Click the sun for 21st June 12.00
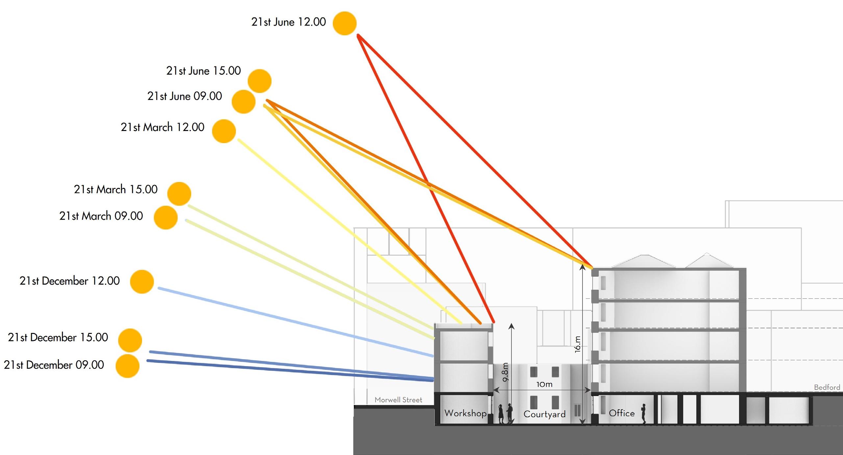(x=344, y=23)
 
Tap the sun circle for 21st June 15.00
(x=260, y=81)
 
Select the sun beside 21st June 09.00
(x=243, y=102)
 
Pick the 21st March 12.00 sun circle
(x=224, y=131)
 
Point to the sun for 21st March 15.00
(x=179, y=194)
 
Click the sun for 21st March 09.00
(x=166, y=217)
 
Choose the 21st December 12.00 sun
(x=142, y=282)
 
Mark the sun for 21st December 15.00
(x=130, y=340)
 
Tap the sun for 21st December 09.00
(x=128, y=366)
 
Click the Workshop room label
(x=465, y=413)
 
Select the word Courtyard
(x=544, y=414)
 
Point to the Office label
(x=622, y=413)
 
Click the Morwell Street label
(x=398, y=400)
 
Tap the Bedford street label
(x=827, y=387)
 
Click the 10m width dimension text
(x=544, y=384)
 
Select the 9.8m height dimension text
(x=506, y=372)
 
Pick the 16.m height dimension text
(x=578, y=344)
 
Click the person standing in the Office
(x=643, y=414)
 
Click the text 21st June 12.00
(x=288, y=22)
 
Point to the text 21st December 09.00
(x=54, y=365)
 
